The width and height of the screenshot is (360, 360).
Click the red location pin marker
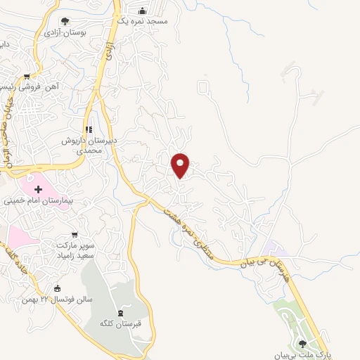pos(181,165)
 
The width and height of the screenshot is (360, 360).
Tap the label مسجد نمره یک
pos(143,22)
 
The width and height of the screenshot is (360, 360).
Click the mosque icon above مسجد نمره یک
pos(143,11)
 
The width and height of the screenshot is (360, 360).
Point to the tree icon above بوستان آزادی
pos(65,21)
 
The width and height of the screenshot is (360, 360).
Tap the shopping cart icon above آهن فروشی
pos(27,77)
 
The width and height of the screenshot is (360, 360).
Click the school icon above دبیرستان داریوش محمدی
pos(89,129)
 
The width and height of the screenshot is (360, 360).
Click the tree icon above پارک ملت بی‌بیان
pos(303,343)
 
